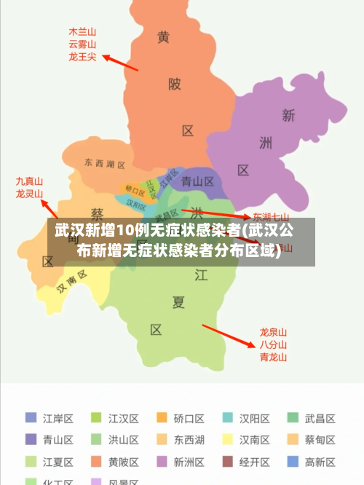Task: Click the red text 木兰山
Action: (82, 32)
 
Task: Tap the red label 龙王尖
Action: (82, 56)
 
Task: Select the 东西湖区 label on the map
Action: (104, 163)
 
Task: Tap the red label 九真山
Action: (30, 181)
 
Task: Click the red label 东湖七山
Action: (271, 217)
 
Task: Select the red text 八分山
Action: (274, 344)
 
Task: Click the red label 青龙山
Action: (274, 357)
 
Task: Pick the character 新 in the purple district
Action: (288, 115)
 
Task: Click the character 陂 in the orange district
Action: (175, 84)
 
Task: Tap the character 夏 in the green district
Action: (178, 301)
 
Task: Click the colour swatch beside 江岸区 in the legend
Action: (31, 418)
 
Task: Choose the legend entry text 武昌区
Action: (320, 419)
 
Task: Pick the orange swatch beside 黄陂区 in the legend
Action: (96, 462)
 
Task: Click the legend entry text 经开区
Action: (255, 462)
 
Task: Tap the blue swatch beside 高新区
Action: (293, 462)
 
